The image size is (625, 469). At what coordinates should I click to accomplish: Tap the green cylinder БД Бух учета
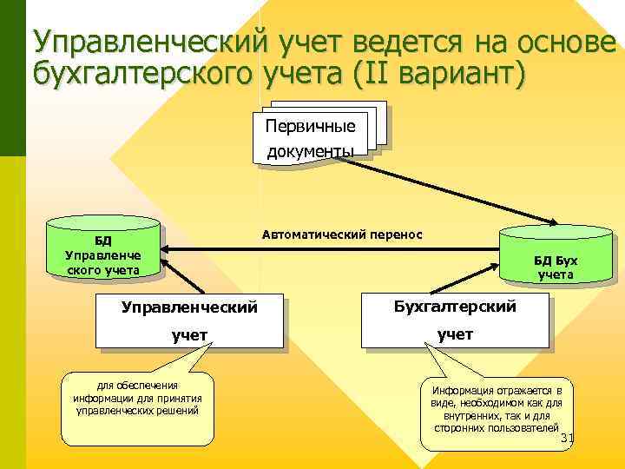(x=555, y=257)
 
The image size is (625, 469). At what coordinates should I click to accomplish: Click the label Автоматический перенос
(x=341, y=234)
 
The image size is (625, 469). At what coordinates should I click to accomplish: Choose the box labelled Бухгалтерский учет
(x=455, y=320)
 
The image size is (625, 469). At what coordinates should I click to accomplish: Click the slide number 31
(x=569, y=438)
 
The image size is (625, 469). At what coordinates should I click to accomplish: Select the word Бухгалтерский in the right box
(x=455, y=307)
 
